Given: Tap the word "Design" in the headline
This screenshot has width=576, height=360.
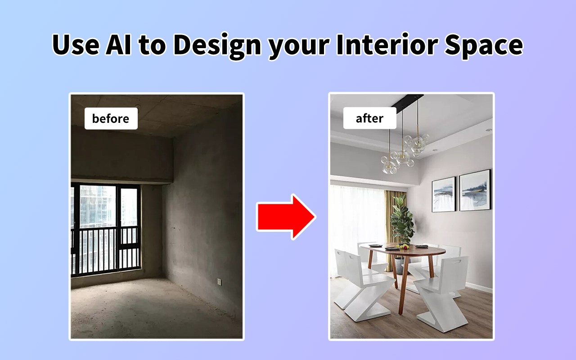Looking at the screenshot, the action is click(217, 46).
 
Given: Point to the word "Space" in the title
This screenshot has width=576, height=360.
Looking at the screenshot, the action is click(484, 46).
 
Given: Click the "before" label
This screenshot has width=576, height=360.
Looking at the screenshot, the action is click(111, 118).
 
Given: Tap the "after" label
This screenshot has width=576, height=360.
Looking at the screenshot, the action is click(369, 118).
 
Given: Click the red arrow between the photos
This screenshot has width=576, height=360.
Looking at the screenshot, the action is click(286, 217).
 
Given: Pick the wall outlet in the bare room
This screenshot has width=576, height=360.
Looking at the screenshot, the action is click(219, 282).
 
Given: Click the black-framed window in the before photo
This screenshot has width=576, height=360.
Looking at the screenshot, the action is click(106, 229).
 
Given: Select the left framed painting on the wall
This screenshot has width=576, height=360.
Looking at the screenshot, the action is click(444, 195).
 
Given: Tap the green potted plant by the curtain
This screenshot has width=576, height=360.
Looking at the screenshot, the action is click(402, 219).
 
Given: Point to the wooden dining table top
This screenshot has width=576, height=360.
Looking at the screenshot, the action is click(403, 250).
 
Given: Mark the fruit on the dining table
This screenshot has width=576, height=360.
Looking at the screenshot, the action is click(402, 247).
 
